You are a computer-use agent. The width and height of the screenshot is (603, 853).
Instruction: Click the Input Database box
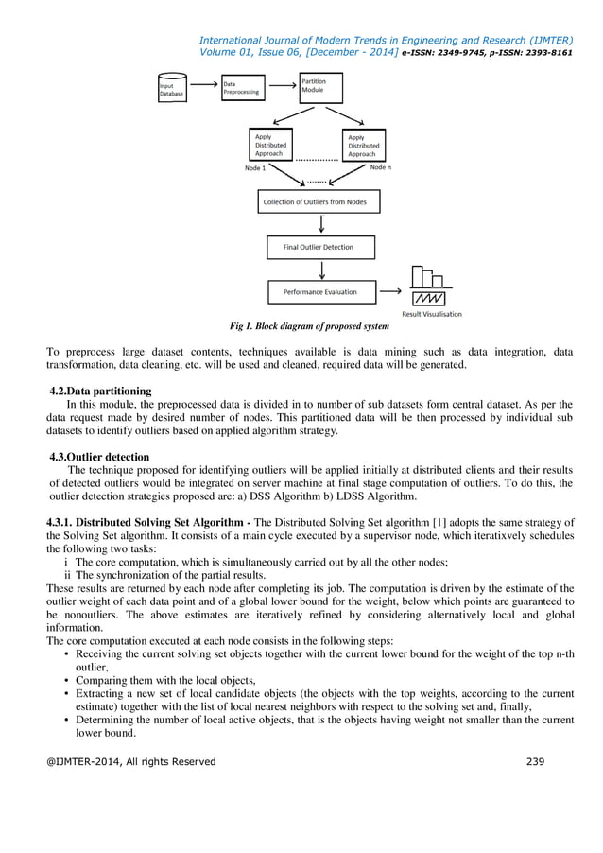click(x=173, y=88)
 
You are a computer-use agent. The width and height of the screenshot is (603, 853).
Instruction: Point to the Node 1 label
click(x=255, y=168)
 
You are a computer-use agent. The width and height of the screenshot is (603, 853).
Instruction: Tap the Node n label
click(x=380, y=166)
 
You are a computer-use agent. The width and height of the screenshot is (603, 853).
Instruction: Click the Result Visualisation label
click(x=432, y=314)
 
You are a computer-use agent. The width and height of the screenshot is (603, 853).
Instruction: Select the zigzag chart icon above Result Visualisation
click(x=431, y=297)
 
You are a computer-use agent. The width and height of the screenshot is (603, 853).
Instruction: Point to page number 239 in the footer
click(x=536, y=761)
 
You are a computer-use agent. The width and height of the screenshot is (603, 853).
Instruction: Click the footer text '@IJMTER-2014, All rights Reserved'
click(x=131, y=761)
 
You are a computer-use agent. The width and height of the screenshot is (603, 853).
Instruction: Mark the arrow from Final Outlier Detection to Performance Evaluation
click(x=321, y=270)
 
